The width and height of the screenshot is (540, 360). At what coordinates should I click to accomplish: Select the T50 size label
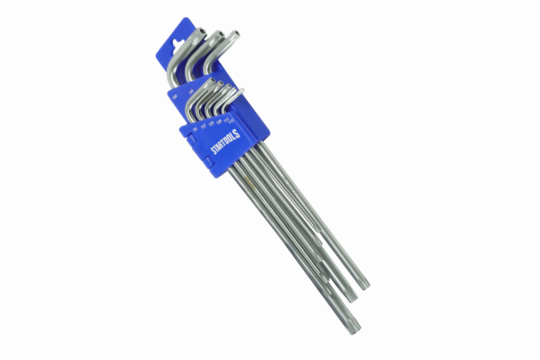pos(175,97)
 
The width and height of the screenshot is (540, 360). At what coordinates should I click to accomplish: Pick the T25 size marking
pos(211,123)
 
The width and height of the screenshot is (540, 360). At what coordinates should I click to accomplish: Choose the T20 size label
pos(219,121)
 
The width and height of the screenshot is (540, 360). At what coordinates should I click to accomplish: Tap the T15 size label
pos(227,120)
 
